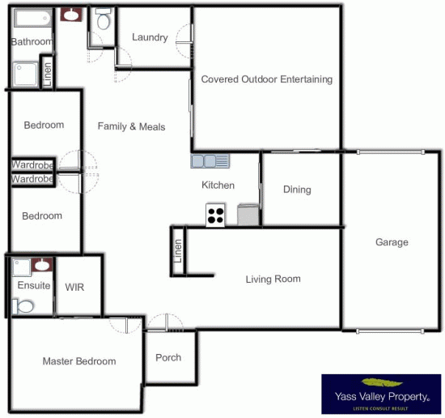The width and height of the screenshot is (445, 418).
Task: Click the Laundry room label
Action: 150,37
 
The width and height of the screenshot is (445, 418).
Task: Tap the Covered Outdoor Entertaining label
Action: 267,79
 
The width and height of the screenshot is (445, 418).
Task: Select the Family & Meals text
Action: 131,126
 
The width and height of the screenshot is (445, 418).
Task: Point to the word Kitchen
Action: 218,186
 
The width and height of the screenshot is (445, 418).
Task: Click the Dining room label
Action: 297,190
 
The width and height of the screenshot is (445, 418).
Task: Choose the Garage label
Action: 392,242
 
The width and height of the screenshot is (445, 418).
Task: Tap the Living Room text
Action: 273,279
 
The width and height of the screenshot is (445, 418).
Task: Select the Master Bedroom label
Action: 79,361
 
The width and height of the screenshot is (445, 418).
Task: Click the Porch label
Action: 168,357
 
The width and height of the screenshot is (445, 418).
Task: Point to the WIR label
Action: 74,287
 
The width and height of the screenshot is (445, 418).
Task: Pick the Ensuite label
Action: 33,286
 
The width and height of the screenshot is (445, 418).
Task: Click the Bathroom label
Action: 32,41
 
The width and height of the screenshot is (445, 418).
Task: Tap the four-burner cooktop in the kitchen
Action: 215,215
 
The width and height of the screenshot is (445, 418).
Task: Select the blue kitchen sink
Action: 210,161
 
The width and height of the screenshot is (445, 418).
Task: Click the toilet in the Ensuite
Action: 24,305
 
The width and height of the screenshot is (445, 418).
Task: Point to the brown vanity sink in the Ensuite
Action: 42,265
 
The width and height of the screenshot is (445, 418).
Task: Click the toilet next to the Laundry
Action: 102,20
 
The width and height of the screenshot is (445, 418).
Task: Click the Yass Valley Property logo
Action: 381,395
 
